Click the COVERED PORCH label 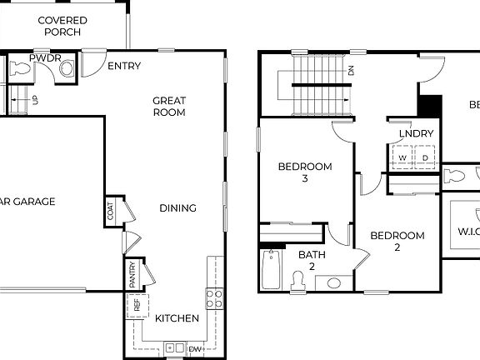click(x=62, y=26)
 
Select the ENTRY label click(x=124, y=66)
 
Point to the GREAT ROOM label click(x=168, y=106)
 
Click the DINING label click(x=177, y=208)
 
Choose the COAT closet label click(x=111, y=212)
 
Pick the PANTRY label click(x=132, y=272)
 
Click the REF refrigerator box click(x=137, y=305)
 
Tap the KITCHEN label click(x=177, y=318)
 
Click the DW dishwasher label click(x=195, y=348)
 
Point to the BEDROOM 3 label click(x=304, y=172)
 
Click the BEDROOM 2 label click(x=397, y=241)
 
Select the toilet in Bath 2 click(x=299, y=281)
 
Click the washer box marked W click(x=402, y=157)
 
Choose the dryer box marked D click(x=424, y=157)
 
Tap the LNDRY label click(x=416, y=133)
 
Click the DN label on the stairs click(x=351, y=71)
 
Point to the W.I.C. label click(x=463, y=231)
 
